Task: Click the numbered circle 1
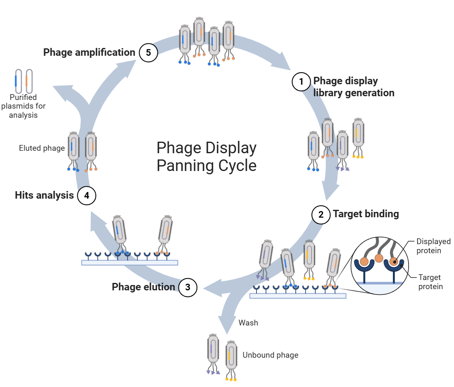[301, 82]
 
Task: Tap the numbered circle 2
[321, 214]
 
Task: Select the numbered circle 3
[188, 287]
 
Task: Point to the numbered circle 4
[87, 195]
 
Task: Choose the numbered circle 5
[148, 52]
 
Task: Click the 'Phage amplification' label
[89, 52]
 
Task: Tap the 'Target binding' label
[366, 214]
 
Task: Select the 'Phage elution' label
[143, 287]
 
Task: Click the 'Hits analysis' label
[44, 195]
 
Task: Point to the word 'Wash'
[248, 323]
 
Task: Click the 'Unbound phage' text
[270, 355]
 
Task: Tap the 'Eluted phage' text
[42, 148]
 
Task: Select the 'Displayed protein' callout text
[433, 246]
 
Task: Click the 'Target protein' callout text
[430, 282]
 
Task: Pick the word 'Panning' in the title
[185, 166]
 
